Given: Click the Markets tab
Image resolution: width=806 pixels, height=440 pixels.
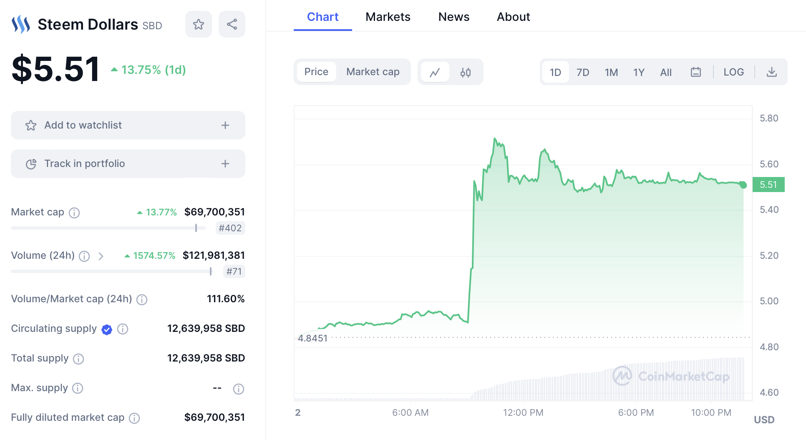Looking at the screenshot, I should [x=388, y=17].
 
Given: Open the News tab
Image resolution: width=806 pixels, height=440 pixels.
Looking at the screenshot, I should [x=453, y=17].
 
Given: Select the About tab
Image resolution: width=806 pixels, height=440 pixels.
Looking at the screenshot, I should [x=513, y=17].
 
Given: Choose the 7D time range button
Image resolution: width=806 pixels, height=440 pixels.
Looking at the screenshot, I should [x=582, y=72].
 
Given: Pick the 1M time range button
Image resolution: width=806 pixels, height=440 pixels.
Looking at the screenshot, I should [x=611, y=72].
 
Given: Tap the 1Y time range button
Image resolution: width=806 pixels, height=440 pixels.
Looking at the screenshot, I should [x=639, y=72].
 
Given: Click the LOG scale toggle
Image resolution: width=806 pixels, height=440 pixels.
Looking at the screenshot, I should [x=733, y=72].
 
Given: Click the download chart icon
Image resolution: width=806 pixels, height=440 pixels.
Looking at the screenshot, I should [x=772, y=72].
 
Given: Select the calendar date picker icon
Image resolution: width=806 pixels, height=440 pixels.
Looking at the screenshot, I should [x=695, y=72].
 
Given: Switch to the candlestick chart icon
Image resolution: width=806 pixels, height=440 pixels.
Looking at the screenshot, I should [x=466, y=72].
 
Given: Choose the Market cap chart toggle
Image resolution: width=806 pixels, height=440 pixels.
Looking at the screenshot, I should [x=373, y=72].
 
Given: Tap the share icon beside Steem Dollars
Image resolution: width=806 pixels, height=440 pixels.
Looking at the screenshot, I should [x=232, y=24].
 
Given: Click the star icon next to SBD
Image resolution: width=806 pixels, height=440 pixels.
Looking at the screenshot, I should [x=199, y=24].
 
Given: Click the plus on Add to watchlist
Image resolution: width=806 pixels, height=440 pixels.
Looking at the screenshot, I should [x=225, y=125].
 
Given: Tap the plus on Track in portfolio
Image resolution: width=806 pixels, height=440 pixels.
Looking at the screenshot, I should [x=225, y=164].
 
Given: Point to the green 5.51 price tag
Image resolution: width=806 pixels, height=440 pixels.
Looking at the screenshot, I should [x=768, y=185].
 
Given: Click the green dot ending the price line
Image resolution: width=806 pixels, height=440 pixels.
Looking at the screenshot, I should [x=743, y=185].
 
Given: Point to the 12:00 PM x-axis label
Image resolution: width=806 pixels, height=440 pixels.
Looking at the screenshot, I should [x=523, y=412].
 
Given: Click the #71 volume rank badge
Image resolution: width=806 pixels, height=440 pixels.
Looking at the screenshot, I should [x=234, y=271].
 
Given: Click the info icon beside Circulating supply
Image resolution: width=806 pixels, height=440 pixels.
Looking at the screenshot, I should [x=123, y=329].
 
